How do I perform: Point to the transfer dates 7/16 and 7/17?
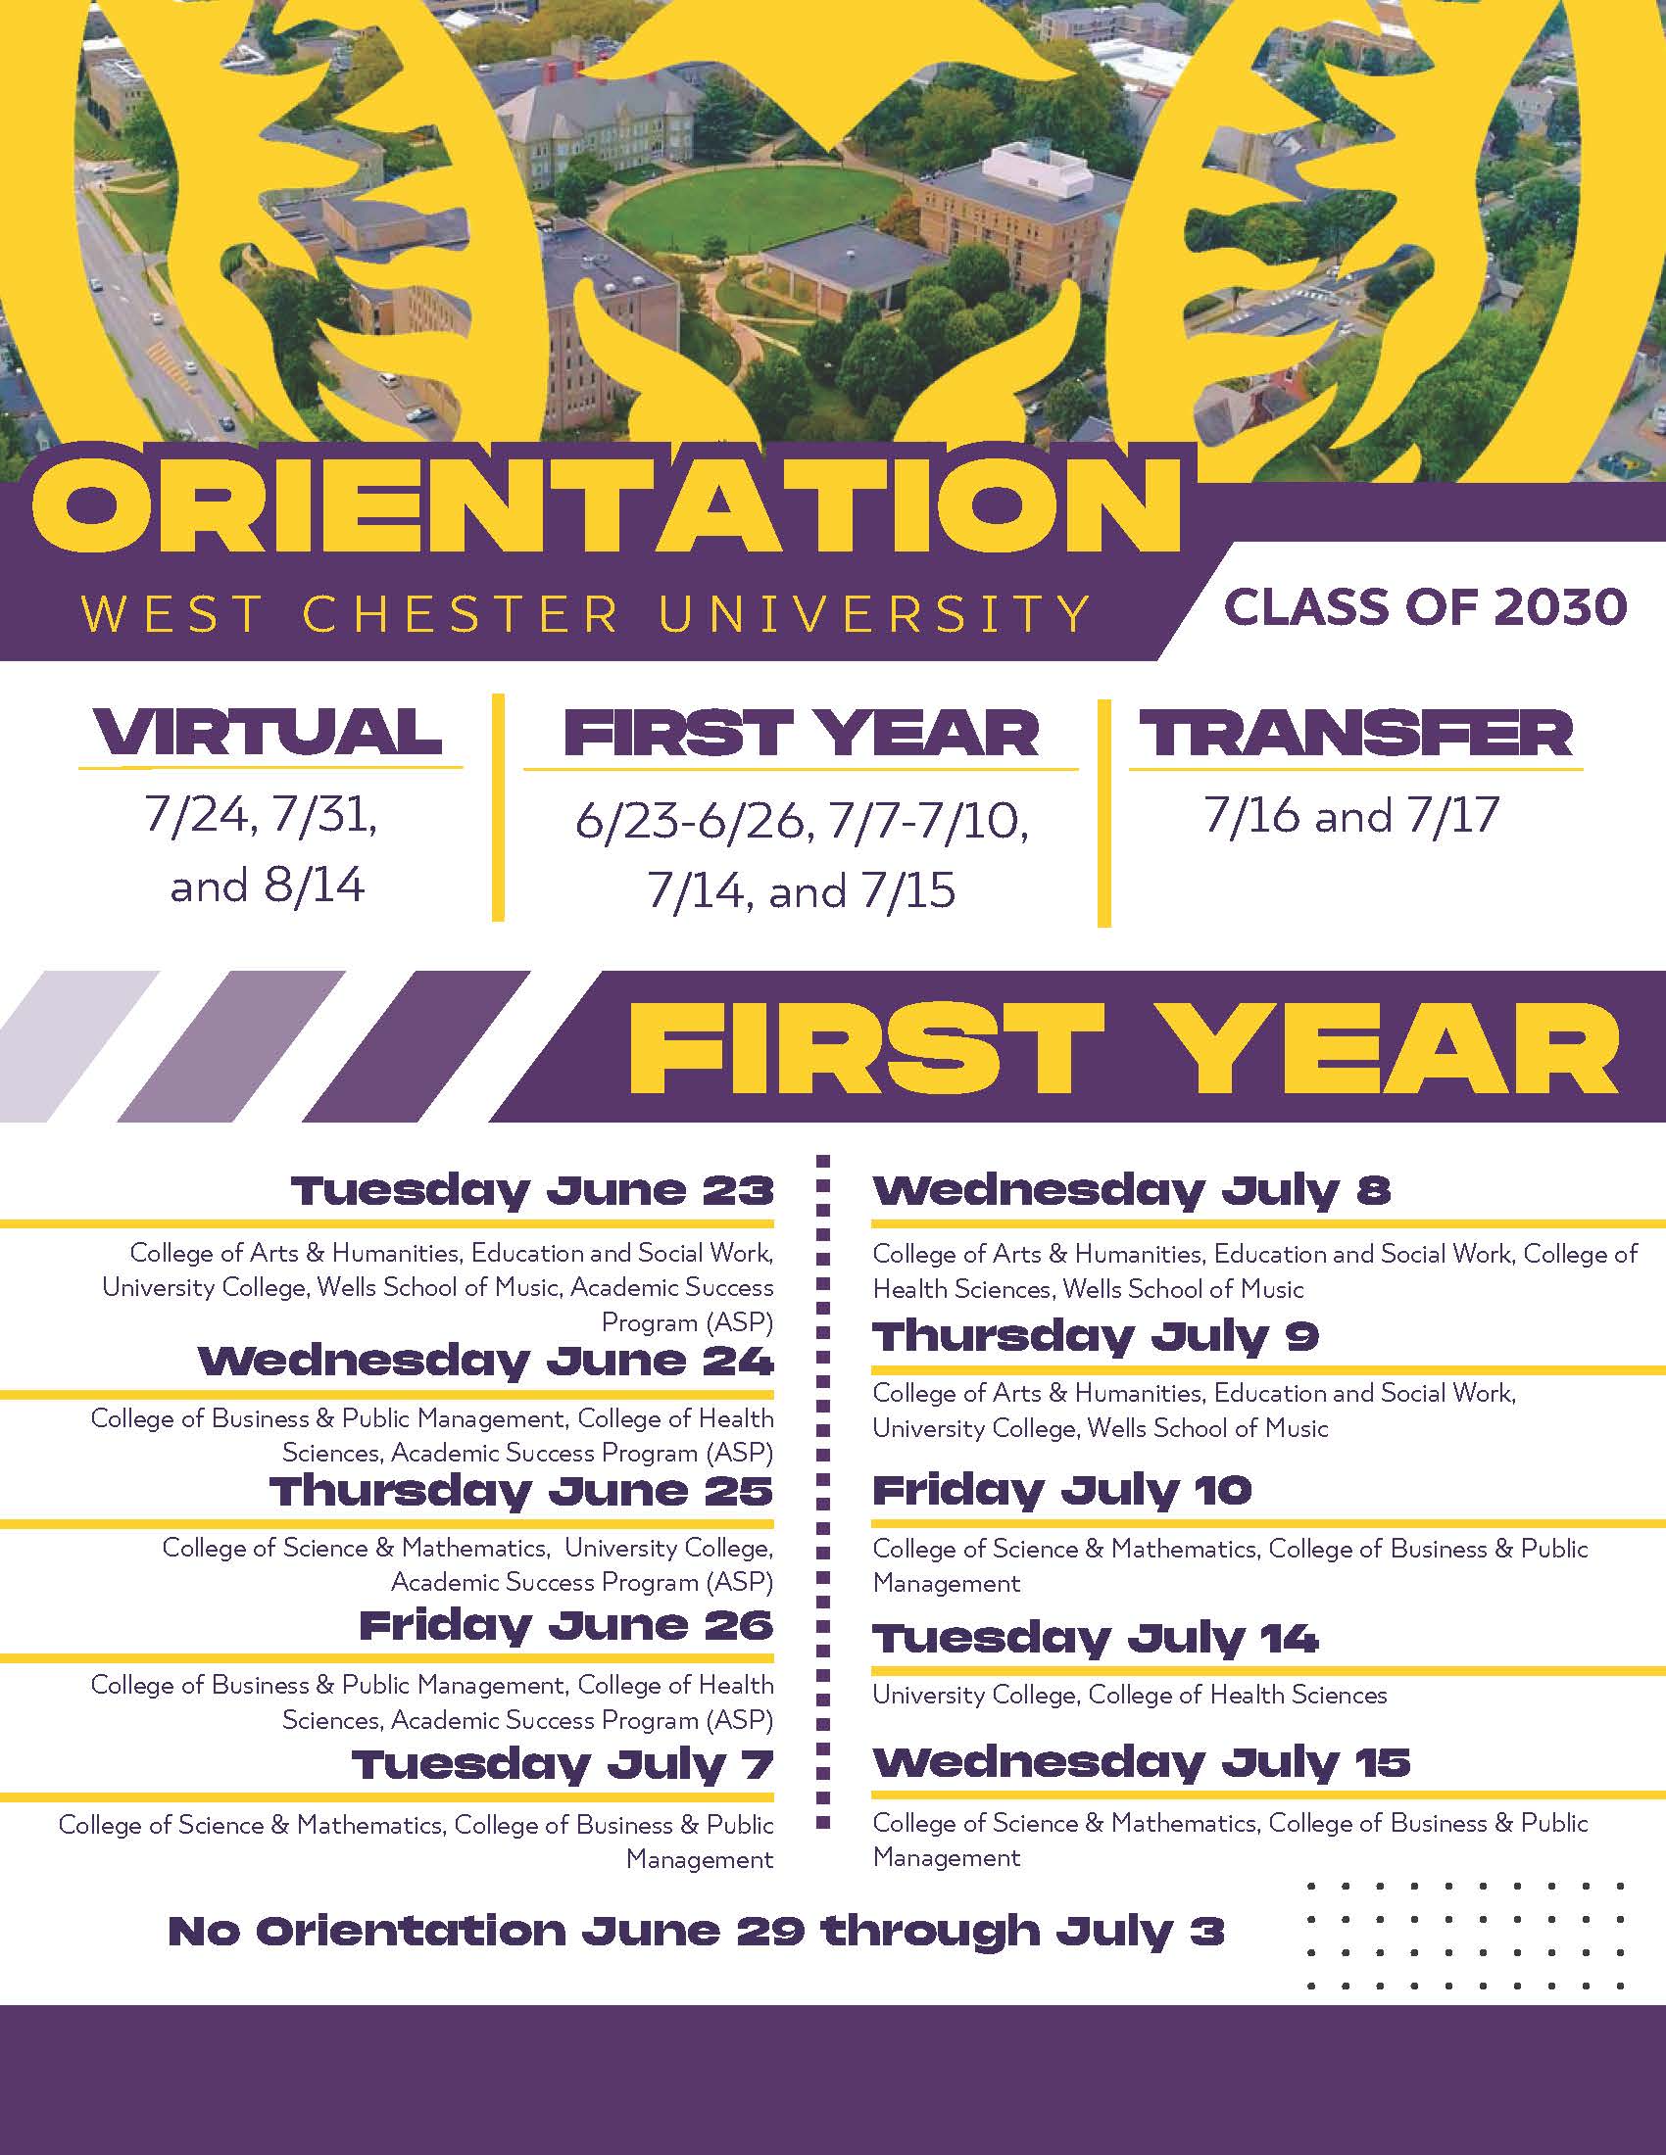pos(1351,815)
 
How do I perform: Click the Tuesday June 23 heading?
pos(532,1191)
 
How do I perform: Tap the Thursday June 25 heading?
pos(521,1491)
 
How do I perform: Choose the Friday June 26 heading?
pos(565,1625)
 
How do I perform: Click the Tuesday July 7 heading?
pos(563,1764)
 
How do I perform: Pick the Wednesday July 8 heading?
pos(1131,1190)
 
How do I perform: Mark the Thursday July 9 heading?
pos(1096,1337)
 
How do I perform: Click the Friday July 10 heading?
pos(1062,1490)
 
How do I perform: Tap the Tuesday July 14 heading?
pos(1096,1639)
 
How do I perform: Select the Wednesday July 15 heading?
pos(1141,1762)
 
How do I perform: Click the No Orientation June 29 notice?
pos(696,1930)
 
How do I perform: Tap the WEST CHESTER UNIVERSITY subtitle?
pos(586,614)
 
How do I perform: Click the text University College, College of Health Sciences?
pos(1129,1696)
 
